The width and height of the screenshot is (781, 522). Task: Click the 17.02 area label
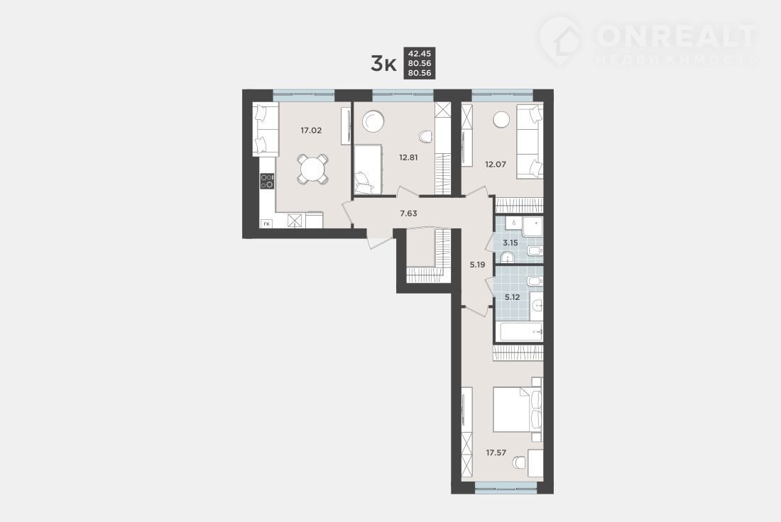click(x=311, y=130)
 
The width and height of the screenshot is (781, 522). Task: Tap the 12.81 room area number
click(x=408, y=157)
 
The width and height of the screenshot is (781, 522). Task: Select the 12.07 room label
click(x=495, y=164)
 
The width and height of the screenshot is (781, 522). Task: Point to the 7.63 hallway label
click(x=408, y=213)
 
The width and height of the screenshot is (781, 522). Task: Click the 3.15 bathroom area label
click(x=510, y=243)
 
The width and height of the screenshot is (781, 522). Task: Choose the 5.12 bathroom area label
click(x=512, y=297)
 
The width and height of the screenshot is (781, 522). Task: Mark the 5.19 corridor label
click(x=477, y=265)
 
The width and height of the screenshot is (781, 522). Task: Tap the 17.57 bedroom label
click(x=496, y=452)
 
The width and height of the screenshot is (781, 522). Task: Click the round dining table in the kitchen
click(x=313, y=170)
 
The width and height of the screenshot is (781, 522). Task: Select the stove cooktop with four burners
click(x=267, y=181)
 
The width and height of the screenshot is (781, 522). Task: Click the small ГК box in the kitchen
click(x=266, y=224)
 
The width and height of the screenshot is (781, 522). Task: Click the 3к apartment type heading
click(x=383, y=64)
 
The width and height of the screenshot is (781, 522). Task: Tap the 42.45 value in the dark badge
click(x=420, y=54)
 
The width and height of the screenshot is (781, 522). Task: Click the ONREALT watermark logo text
click(x=676, y=35)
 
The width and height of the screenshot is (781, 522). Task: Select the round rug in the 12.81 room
click(x=373, y=121)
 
